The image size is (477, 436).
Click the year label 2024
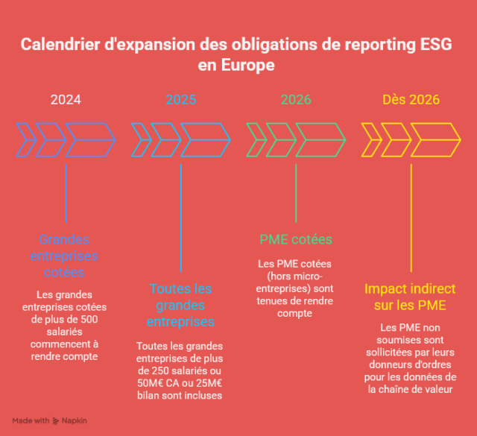(x=66, y=100)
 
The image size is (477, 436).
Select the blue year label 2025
(x=181, y=100)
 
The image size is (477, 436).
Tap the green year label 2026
(x=296, y=100)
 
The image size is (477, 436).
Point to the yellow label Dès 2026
(x=411, y=100)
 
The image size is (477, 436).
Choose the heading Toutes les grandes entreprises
(x=180, y=305)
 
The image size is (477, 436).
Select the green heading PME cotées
(x=296, y=239)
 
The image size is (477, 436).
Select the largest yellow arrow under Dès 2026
(x=436, y=139)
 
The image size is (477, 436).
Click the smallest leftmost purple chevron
(x=25, y=139)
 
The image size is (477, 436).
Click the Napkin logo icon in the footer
(x=56, y=420)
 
